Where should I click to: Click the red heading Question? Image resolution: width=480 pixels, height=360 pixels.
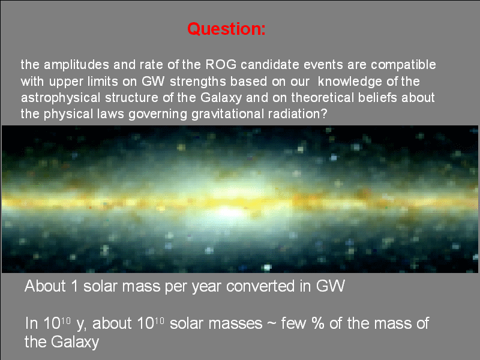pos(226,29)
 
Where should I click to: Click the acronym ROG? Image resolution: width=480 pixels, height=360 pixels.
pos(221,65)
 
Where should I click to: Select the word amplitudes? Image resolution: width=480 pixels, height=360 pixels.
pos(76,65)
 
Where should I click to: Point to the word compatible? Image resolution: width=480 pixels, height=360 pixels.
pos(403,65)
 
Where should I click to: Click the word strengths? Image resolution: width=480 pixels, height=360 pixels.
pos(198,82)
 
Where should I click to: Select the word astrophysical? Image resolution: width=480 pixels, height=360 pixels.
pos(61,98)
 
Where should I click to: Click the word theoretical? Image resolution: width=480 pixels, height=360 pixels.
pos(322,98)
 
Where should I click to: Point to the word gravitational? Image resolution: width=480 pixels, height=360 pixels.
pos(227,114)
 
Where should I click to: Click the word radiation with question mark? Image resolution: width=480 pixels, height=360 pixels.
pos(298,114)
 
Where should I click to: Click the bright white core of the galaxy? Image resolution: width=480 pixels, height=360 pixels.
pos(227,212)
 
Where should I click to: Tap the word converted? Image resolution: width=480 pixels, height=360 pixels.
pos(260,286)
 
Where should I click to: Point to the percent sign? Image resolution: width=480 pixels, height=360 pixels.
pos(318,323)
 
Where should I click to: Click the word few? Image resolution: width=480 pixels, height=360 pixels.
pos(294,323)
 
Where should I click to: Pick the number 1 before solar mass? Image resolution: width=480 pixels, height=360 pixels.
pos(74,286)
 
